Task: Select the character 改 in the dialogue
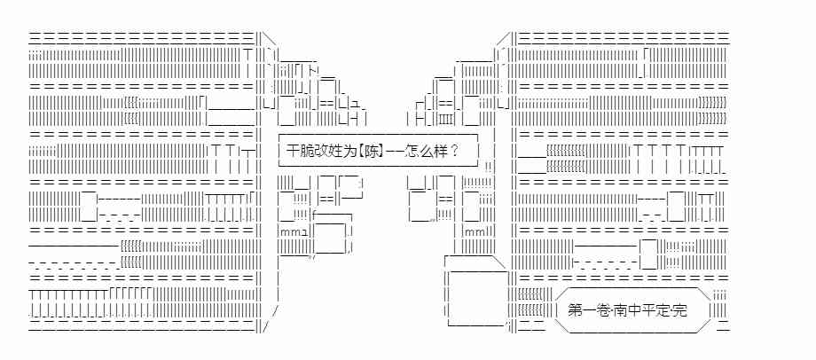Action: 322,150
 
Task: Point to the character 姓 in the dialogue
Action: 336,150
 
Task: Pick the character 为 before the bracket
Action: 350,150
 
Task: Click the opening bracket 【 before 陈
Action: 362,150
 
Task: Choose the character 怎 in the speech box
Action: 412,150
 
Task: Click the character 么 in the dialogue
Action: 427,150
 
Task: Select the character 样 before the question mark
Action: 441,150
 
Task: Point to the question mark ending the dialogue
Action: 454,150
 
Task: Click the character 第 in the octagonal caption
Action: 575,310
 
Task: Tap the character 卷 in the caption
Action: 602,310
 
